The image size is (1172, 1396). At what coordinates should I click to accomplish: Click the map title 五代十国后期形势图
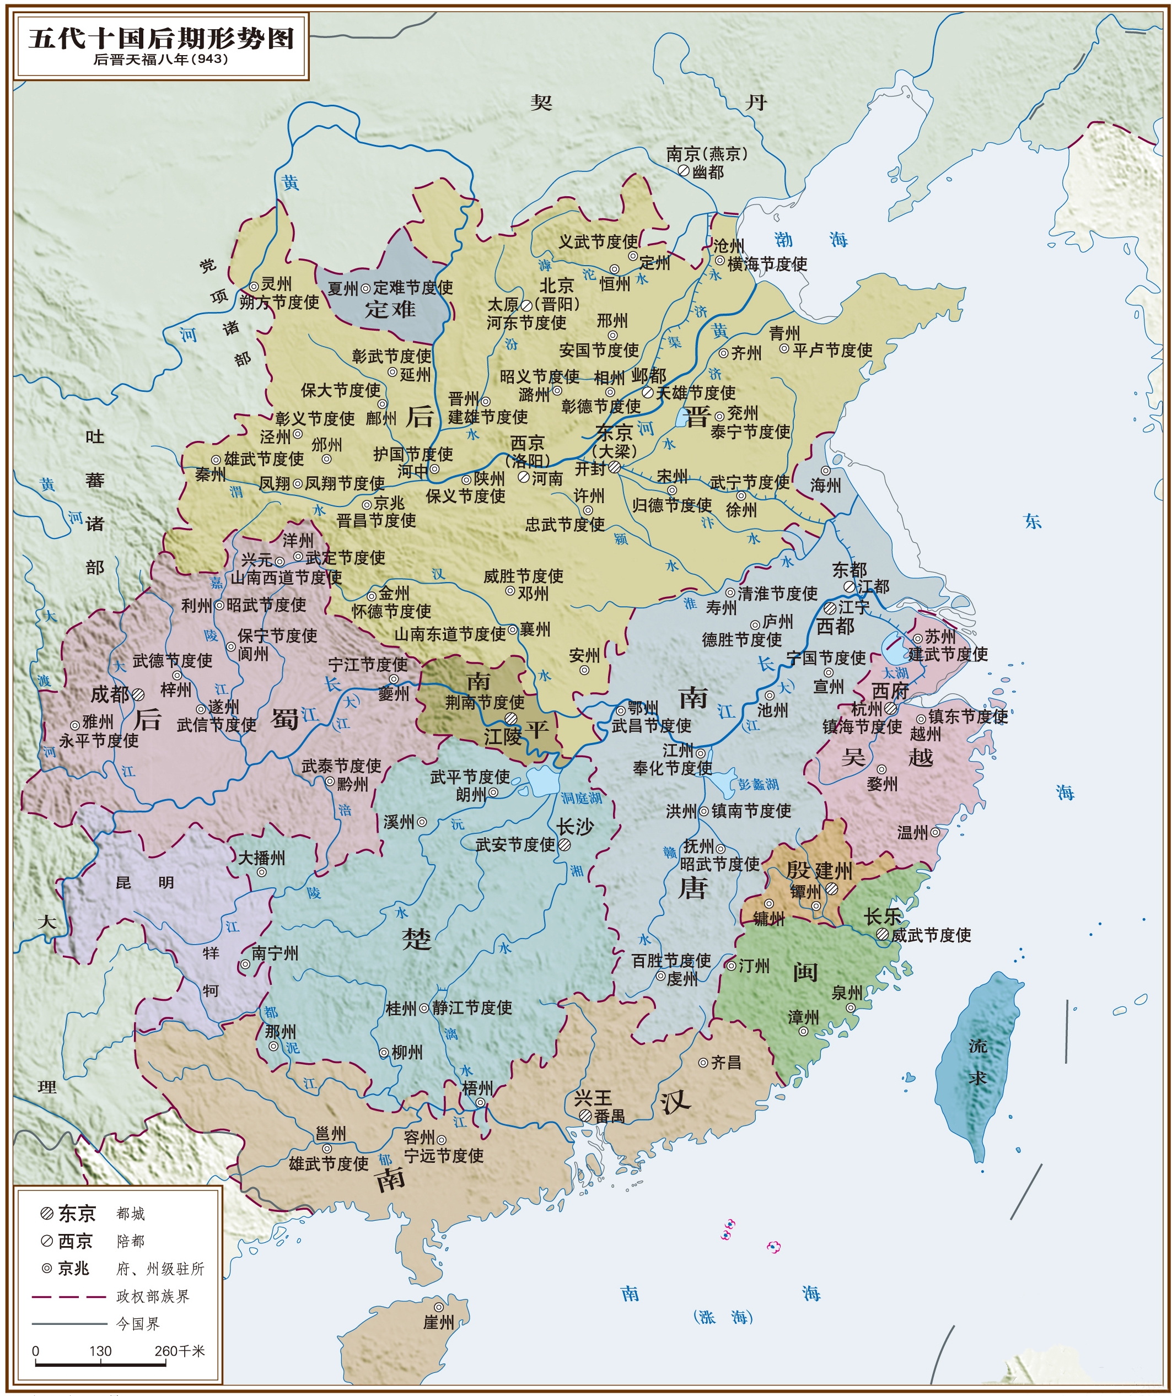(161, 38)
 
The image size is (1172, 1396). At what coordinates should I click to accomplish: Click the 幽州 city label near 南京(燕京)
(708, 171)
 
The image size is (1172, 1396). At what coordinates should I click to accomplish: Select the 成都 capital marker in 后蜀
(138, 694)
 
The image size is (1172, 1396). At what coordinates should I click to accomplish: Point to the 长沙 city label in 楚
(576, 826)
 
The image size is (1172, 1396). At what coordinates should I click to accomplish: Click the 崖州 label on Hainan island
(439, 1322)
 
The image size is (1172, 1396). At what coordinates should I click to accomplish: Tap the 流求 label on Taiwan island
(977, 1061)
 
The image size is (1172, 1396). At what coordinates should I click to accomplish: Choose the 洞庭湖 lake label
(582, 797)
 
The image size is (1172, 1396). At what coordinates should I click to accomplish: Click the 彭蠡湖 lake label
(759, 784)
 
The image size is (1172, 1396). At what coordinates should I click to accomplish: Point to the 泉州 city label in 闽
(847, 993)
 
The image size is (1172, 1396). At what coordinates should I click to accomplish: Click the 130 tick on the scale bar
(100, 1351)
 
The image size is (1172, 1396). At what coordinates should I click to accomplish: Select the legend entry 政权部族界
(153, 1296)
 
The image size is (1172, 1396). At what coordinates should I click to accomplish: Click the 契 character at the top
(541, 103)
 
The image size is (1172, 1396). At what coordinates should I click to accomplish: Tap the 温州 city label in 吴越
(913, 832)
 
